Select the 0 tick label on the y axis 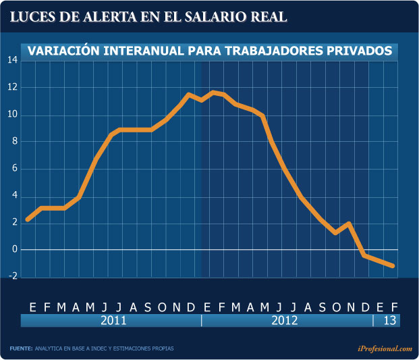pyautogui.click(x=14, y=250)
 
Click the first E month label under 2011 pyautogui.click(x=32, y=307)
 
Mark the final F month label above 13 pyautogui.click(x=394, y=307)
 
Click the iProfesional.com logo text pyautogui.click(x=385, y=349)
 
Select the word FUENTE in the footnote pyautogui.click(x=21, y=349)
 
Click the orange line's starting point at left pyautogui.click(x=28, y=220)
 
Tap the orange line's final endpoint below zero pyautogui.click(x=393, y=266)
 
